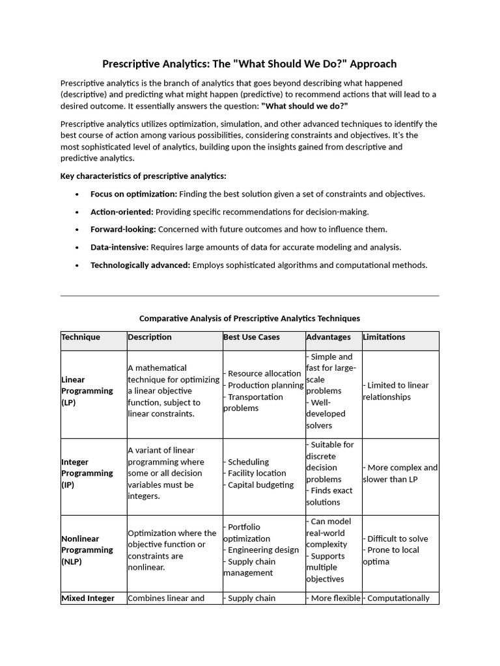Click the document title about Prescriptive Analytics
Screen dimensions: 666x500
[249, 64]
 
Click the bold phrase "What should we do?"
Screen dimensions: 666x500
[305, 106]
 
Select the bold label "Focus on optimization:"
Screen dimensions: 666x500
[133, 194]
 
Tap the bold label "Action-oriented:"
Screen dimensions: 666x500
[122, 211]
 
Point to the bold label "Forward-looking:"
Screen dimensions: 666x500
[123, 229]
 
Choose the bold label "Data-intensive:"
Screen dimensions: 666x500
[120, 247]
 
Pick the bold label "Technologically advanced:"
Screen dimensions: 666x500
[140, 265]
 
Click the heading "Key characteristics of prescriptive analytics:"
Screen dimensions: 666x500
[143, 176]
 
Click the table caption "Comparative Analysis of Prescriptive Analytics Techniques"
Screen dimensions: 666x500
[249, 319]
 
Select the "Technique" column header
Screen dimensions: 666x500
[81, 337]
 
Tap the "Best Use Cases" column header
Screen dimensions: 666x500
[251, 337]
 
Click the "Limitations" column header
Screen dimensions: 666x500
[383, 337]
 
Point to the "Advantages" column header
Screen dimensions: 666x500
[328, 337]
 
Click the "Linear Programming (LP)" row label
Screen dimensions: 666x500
[87, 391]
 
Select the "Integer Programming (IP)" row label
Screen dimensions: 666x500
[87, 473]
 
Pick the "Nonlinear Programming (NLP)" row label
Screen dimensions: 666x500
[87, 550]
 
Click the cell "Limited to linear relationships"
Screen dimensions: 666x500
[396, 391]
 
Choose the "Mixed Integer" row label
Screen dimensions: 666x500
[88, 598]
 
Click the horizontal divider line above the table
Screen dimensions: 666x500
[249, 296]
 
